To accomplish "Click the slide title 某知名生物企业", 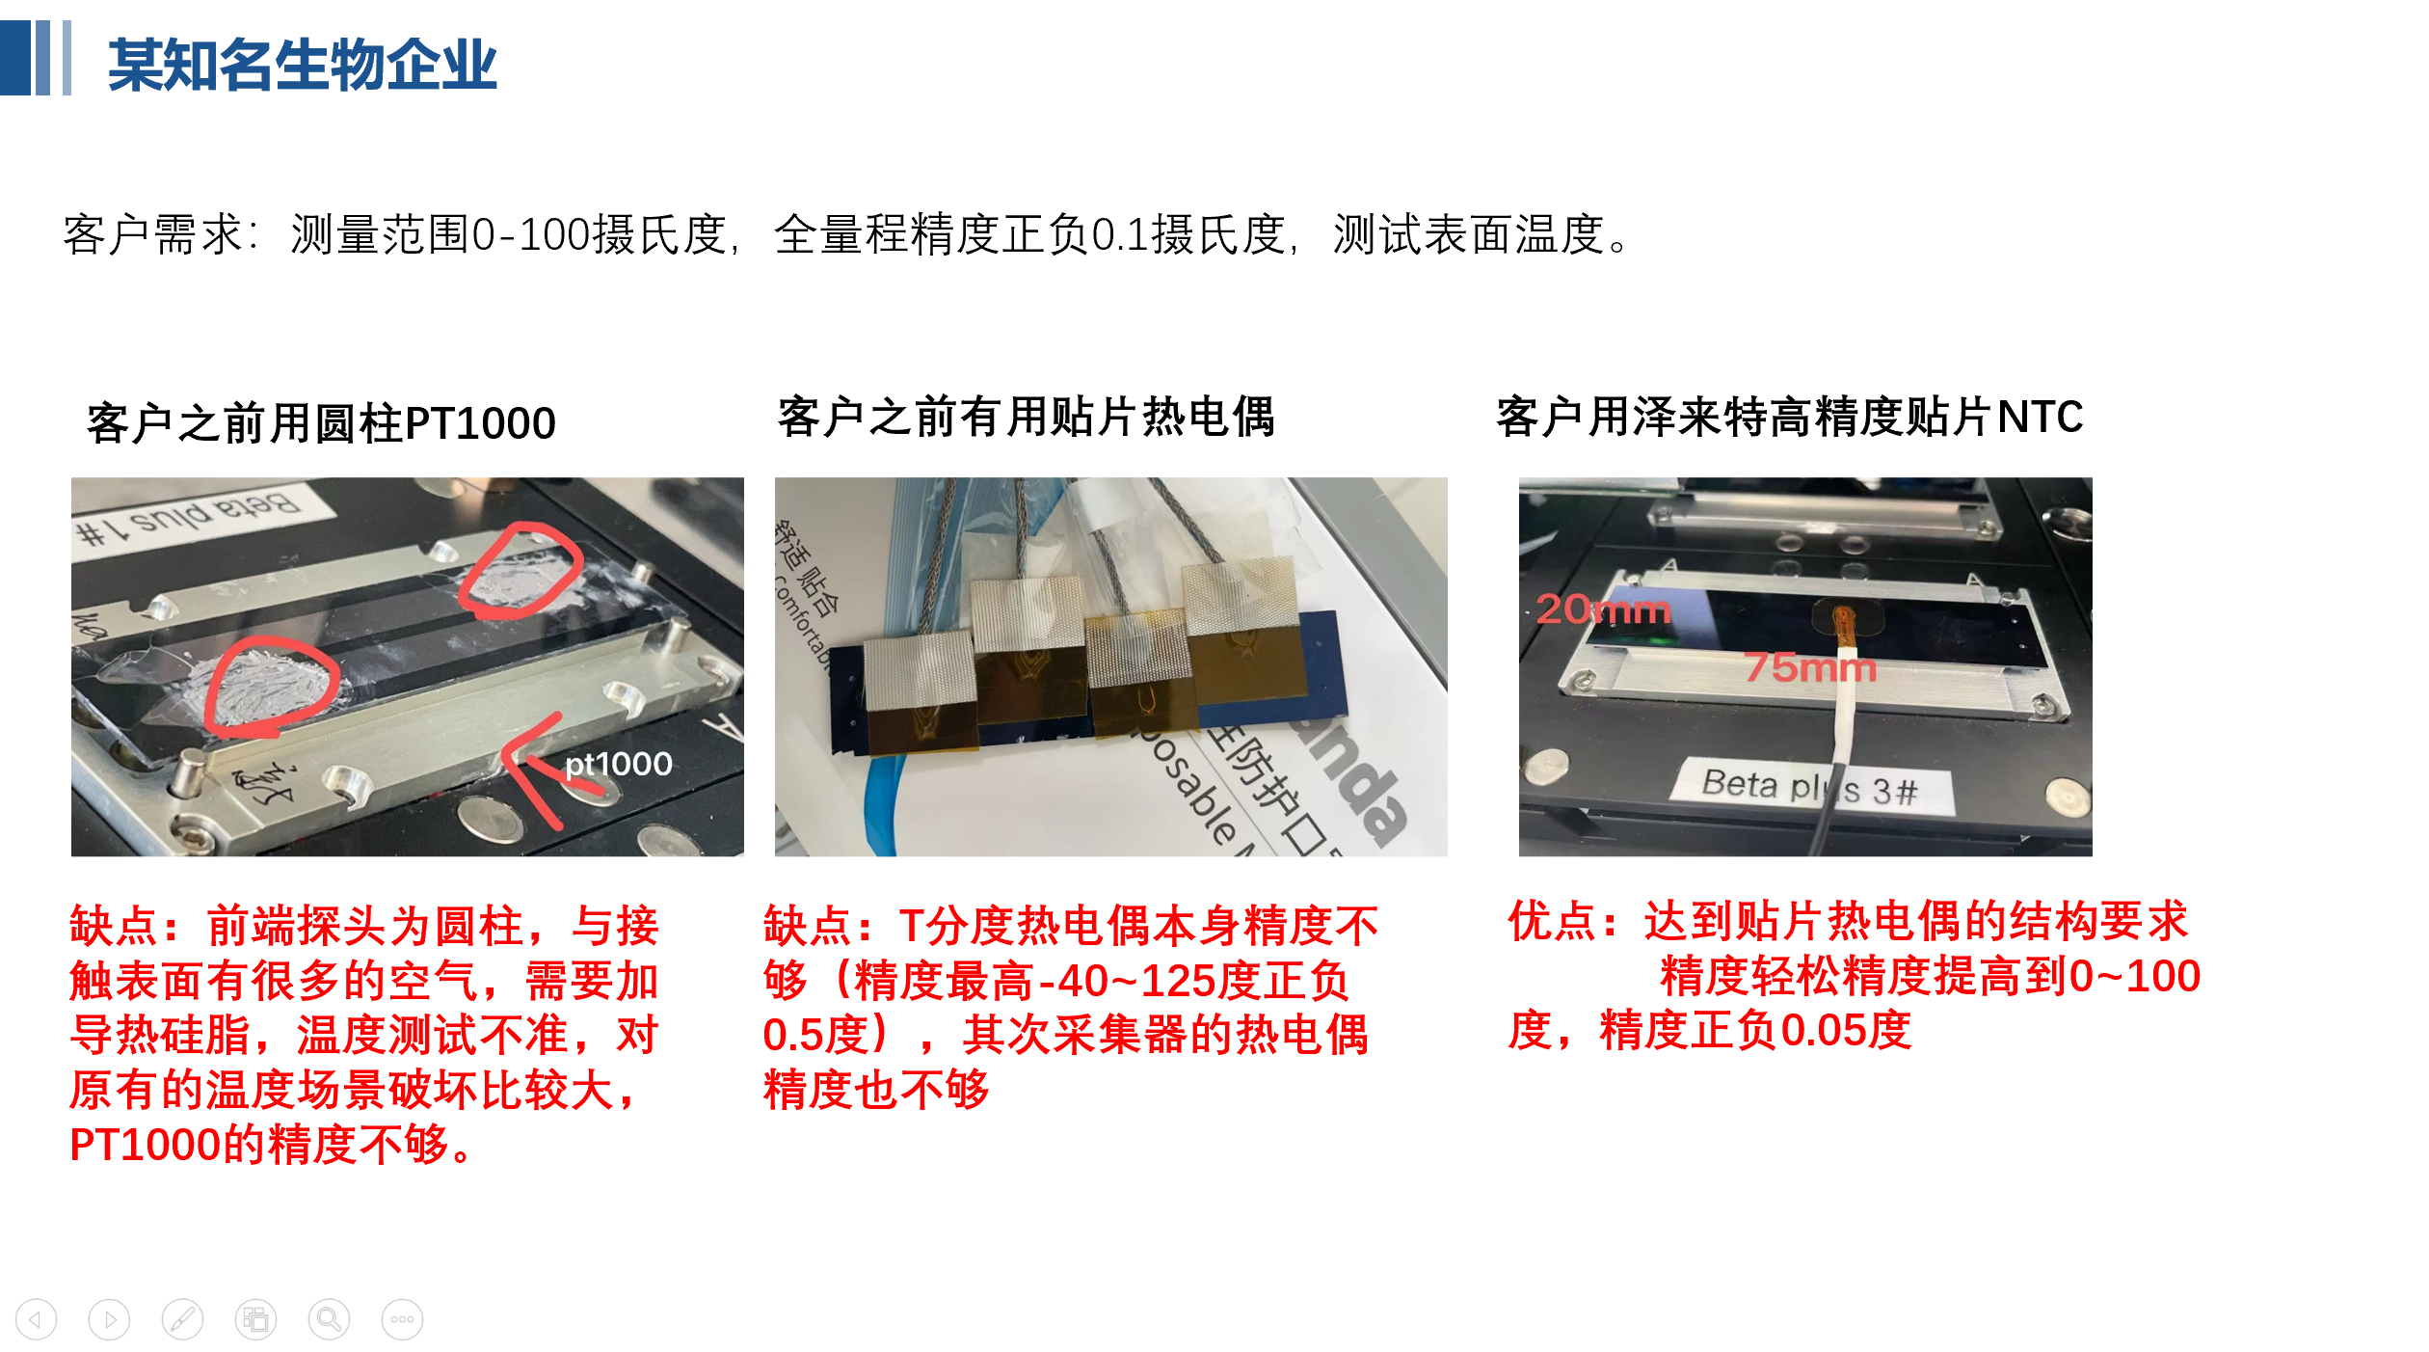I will (x=302, y=66).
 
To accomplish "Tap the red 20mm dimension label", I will (x=1603, y=609).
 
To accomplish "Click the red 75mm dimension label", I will (x=1810, y=667).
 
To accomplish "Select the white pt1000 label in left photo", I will (x=618, y=765).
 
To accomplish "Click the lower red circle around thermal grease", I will (x=270, y=686).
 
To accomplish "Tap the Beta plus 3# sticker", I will (x=1809, y=788).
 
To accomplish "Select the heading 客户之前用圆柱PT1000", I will (x=321, y=423).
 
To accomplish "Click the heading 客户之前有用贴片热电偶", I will (x=1026, y=417).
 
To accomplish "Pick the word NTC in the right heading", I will (x=2040, y=417).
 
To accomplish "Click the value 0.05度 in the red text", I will (x=1845, y=1031).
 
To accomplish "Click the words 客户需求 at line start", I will (x=152, y=234).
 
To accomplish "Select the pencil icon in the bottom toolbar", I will (x=182, y=1319).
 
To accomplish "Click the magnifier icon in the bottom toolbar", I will (x=329, y=1319).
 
